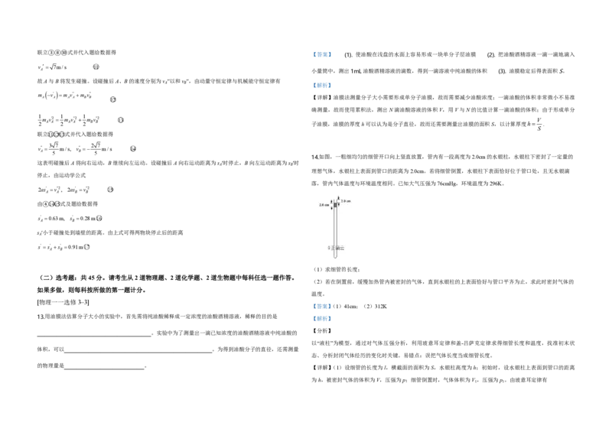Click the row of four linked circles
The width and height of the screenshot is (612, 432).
(x=56, y=135)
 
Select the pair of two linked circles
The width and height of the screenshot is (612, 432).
(x=54, y=203)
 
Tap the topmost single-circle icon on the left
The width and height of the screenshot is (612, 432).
(x=97, y=67)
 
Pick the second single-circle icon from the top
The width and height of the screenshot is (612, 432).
(x=110, y=98)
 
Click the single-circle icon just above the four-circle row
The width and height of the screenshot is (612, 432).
(x=122, y=122)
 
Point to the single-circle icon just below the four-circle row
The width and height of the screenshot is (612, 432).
(x=134, y=147)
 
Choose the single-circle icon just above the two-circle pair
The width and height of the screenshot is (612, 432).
(x=110, y=189)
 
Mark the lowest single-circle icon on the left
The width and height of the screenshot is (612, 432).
(x=86, y=245)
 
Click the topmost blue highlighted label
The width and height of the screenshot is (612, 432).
(x=324, y=55)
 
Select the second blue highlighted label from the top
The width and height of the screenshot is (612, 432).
(x=324, y=86)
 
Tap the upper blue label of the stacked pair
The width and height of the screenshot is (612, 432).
(x=322, y=306)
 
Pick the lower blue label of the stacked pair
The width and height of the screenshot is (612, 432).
(x=324, y=318)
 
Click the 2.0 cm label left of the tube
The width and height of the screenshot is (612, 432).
(x=324, y=205)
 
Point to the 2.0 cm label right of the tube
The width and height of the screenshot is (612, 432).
(x=346, y=201)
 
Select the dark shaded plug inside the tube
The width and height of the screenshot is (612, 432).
(x=335, y=205)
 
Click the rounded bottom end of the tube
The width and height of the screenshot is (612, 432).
(x=335, y=257)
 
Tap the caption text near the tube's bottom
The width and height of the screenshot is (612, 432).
(x=336, y=248)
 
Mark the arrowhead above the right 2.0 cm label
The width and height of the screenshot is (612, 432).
(x=339, y=198)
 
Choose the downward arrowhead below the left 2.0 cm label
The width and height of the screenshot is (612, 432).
(x=331, y=210)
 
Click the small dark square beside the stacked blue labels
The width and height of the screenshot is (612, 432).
(x=334, y=306)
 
